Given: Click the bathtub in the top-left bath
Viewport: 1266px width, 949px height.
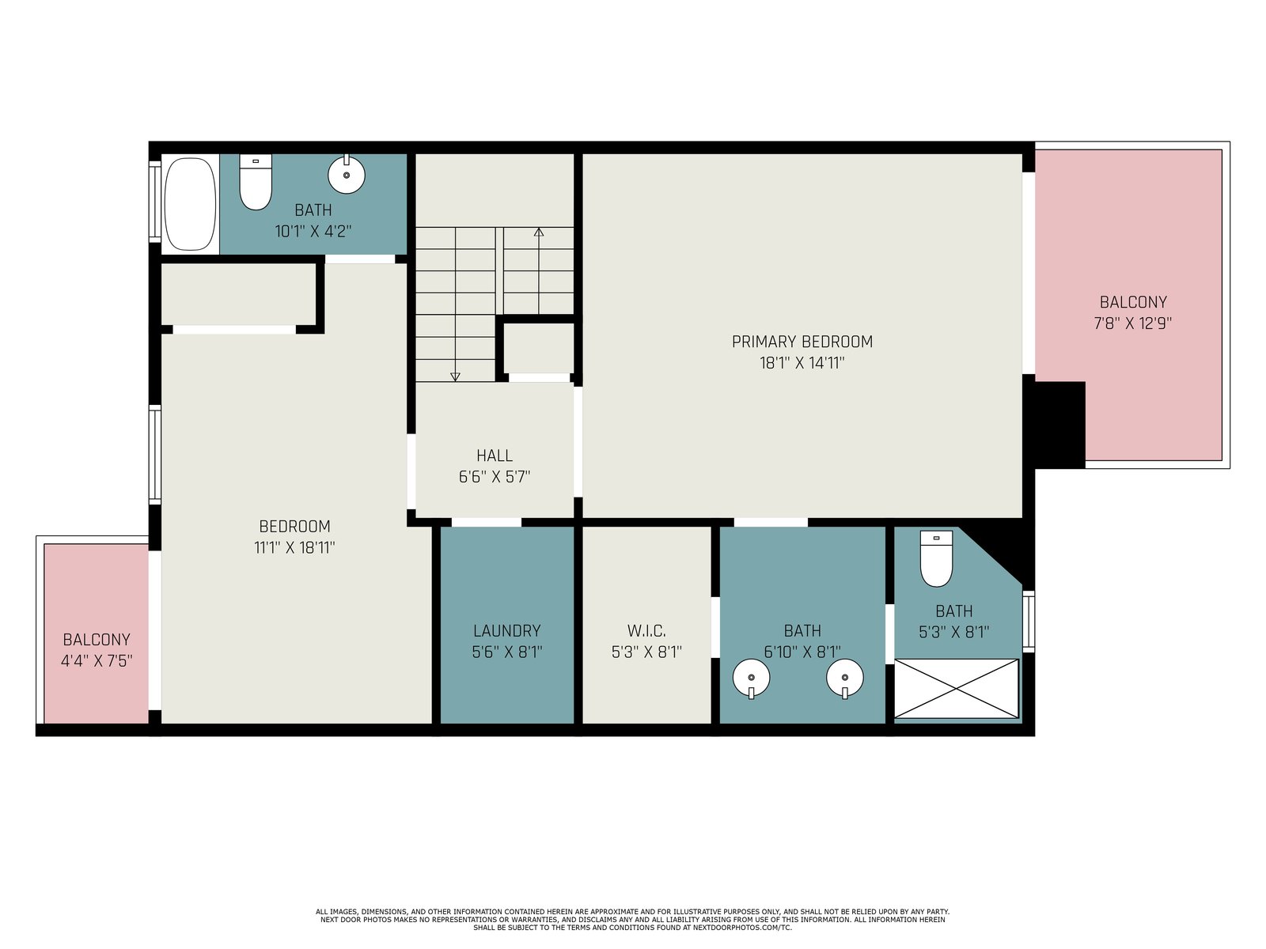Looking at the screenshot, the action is click(x=190, y=204).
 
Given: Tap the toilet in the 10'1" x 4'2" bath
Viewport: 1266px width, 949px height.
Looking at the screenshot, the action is click(x=256, y=182).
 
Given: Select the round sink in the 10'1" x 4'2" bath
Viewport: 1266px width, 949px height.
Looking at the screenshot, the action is click(x=346, y=173).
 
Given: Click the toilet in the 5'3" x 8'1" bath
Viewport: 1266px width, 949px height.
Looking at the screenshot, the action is click(x=936, y=558).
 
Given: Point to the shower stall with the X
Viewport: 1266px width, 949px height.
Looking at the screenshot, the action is click(x=957, y=689).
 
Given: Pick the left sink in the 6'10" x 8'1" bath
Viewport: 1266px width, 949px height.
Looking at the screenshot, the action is click(x=751, y=679).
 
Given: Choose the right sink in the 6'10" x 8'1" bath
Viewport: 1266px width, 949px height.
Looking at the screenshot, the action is click(x=844, y=679).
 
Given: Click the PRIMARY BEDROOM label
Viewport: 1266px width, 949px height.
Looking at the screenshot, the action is click(x=802, y=342).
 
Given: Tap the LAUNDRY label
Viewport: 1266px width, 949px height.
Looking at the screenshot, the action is click(x=507, y=631).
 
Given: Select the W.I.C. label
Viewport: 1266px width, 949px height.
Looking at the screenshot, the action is click(x=646, y=631).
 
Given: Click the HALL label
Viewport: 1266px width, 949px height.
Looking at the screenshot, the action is click(x=495, y=456).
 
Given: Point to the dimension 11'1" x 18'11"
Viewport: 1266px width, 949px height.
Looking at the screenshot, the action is click(x=294, y=547).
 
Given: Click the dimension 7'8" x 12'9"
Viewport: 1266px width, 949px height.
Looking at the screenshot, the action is click(x=1133, y=323).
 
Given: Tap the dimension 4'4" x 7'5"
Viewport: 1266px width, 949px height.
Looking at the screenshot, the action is click(x=97, y=661).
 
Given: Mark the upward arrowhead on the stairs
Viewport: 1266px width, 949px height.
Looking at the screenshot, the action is click(x=539, y=233).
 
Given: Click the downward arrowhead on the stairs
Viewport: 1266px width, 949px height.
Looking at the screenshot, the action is click(x=455, y=377).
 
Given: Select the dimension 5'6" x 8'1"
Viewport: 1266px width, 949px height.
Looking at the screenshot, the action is click(x=507, y=652).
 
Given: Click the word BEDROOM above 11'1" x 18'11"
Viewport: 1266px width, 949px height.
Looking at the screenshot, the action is click(x=294, y=526).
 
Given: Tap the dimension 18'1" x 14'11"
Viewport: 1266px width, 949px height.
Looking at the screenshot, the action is click(x=802, y=363).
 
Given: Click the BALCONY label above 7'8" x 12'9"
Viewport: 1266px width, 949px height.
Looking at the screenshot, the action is click(x=1133, y=302).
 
